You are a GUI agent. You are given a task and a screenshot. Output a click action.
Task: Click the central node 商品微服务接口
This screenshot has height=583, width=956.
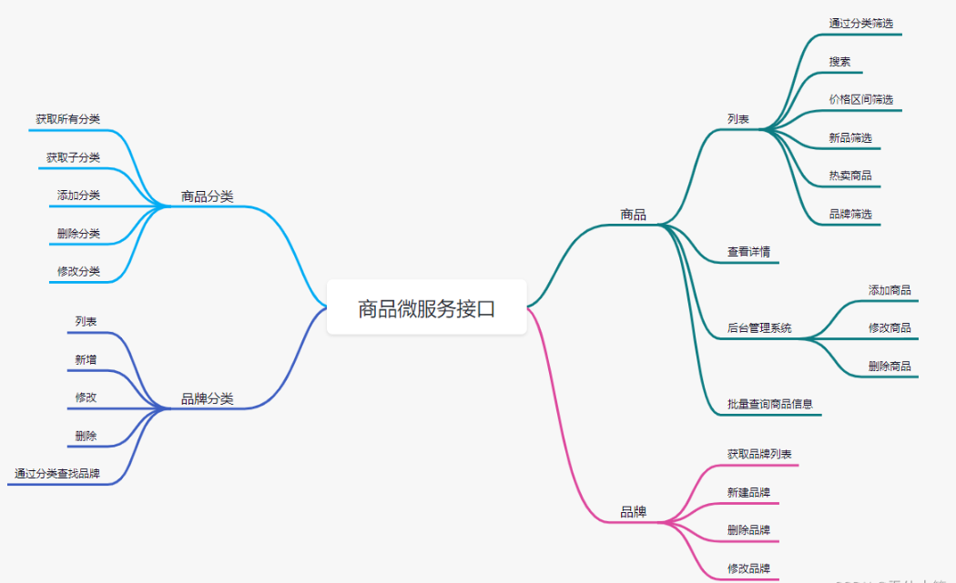coord(426,309)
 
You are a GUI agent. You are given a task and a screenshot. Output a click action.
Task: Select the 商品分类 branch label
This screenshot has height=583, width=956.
coord(207,196)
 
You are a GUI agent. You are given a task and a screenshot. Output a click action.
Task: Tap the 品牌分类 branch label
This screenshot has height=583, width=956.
coord(207,398)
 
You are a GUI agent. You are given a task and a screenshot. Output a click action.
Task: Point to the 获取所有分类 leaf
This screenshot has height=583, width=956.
coord(68,119)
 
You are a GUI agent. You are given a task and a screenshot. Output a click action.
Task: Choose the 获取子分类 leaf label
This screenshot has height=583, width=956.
coord(74,157)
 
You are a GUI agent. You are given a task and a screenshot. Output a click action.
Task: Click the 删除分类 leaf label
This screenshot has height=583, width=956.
coord(78,234)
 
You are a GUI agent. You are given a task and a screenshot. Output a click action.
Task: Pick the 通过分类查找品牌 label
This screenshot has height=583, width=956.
coord(57,474)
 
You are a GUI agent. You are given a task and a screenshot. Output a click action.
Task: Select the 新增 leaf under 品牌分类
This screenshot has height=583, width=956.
coord(86,360)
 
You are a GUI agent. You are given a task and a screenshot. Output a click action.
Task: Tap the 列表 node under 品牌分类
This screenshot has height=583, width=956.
coord(86,321)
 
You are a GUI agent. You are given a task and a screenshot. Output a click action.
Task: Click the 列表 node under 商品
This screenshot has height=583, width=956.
coord(738,118)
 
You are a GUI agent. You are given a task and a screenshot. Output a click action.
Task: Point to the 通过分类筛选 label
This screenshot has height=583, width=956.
coord(860,24)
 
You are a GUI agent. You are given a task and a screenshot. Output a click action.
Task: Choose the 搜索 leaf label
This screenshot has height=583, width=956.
coord(839,62)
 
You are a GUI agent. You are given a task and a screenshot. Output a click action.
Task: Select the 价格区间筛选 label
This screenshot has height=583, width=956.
coord(860,99)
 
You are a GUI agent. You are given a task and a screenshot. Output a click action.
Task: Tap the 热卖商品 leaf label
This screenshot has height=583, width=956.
coord(850,176)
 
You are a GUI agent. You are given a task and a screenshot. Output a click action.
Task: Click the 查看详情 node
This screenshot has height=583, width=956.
coord(748,252)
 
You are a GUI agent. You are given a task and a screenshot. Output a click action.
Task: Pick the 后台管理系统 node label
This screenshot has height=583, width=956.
coord(759,328)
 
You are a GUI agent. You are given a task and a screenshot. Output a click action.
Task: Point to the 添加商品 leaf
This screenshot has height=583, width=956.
coord(890,290)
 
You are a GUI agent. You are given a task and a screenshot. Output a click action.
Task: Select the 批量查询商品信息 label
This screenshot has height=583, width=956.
coord(769,404)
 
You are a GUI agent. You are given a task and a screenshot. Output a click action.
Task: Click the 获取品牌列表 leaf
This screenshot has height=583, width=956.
coord(759,454)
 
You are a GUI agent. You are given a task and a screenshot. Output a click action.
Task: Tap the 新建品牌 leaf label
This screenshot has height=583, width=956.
coord(748,492)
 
